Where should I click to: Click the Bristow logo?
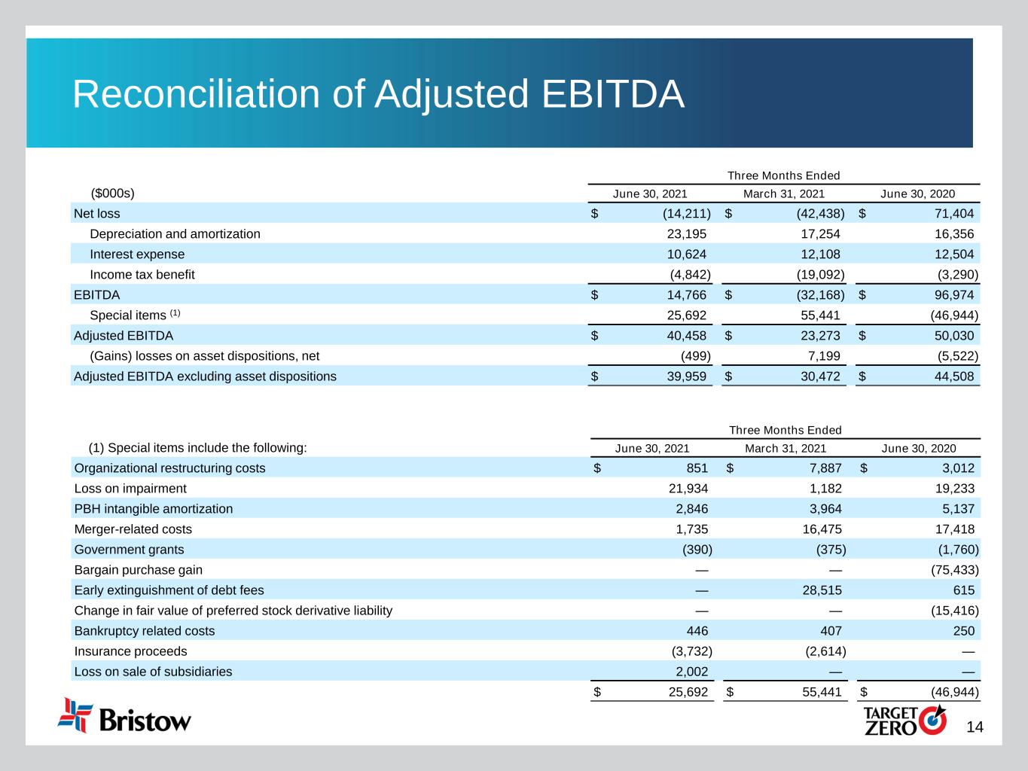pyautogui.click(x=125, y=716)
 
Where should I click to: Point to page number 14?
pyautogui.click(x=975, y=727)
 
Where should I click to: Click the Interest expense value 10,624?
pyautogui.click(x=687, y=254)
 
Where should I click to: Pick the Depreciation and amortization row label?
pyautogui.click(x=175, y=234)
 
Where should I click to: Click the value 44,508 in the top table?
pyautogui.click(x=953, y=376)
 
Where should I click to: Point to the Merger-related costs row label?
pyautogui.click(x=133, y=529)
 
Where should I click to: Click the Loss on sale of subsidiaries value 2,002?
pyautogui.click(x=688, y=672)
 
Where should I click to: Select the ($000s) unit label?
pyautogui.click(x=112, y=194)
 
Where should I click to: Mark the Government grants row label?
pyautogui.click(x=129, y=550)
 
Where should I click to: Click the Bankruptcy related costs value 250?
pyautogui.click(x=963, y=631)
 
